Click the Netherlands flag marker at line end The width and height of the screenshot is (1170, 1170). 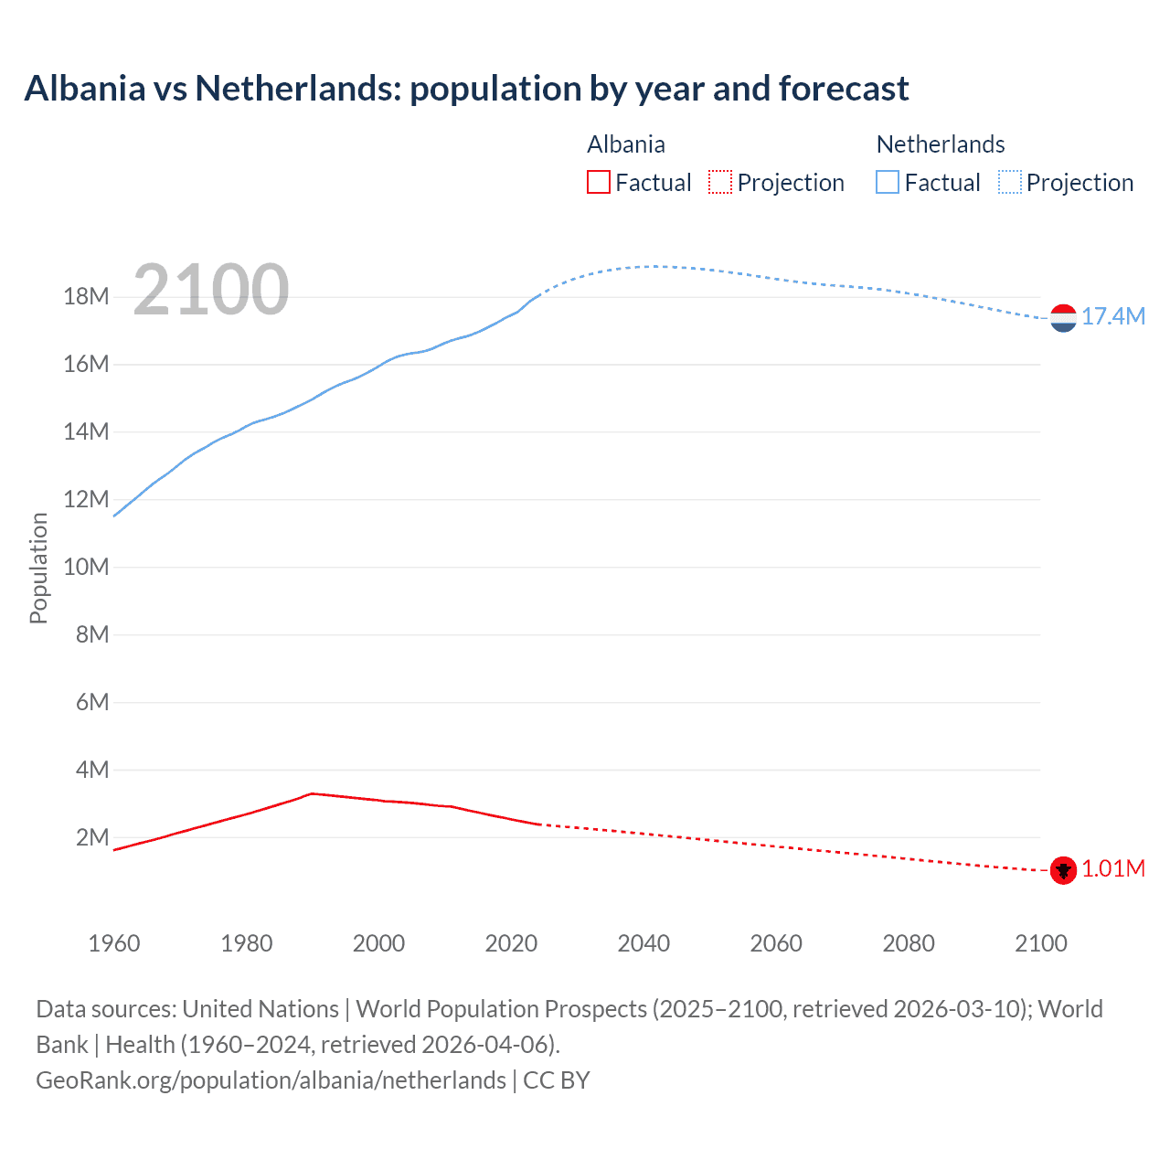pyautogui.click(x=1063, y=318)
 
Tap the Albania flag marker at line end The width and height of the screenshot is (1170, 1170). pyautogui.click(x=1063, y=870)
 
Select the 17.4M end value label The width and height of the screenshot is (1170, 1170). pyautogui.click(x=1113, y=316)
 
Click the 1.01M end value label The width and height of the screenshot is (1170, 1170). pyautogui.click(x=1113, y=868)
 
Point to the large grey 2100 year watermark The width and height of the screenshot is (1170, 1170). pyautogui.click(x=211, y=290)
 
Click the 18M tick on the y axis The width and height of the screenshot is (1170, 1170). pyautogui.click(x=87, y=296)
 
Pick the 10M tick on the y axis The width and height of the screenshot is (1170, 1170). pyautogui.click(x=87, y=567)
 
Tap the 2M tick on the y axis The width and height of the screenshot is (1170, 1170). pyautogui.click(x=92, y=837)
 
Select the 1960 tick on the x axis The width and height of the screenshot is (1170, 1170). pyautogui.click(x=114, y=943)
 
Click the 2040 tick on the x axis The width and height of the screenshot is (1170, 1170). pyautogui.click(x=643, y=943)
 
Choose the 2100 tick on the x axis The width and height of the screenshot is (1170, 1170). pyautogui.click(x=1040, y=943)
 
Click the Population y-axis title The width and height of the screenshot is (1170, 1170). pyautogui.click(x=38, y=568)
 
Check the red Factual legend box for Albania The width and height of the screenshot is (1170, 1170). pyautogui.click(x=599, y=182)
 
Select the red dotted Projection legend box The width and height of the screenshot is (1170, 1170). pyautogui.click(x=720, y=182)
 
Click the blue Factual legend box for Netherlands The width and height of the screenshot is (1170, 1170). pyautogui.click(x=888, y=182)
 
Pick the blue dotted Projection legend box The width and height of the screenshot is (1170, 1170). pyautogui.click(x=1009, y=182)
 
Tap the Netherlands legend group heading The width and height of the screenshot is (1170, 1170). pyautogui.click(x=941, y=144)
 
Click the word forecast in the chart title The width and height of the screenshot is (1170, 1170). pyautogui.click(x=844, y=89)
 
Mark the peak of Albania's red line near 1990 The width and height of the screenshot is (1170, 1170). pyautogui.click(x=312, y=793)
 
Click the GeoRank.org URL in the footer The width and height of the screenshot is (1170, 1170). pyautogui.click(x=271, y=1080)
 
